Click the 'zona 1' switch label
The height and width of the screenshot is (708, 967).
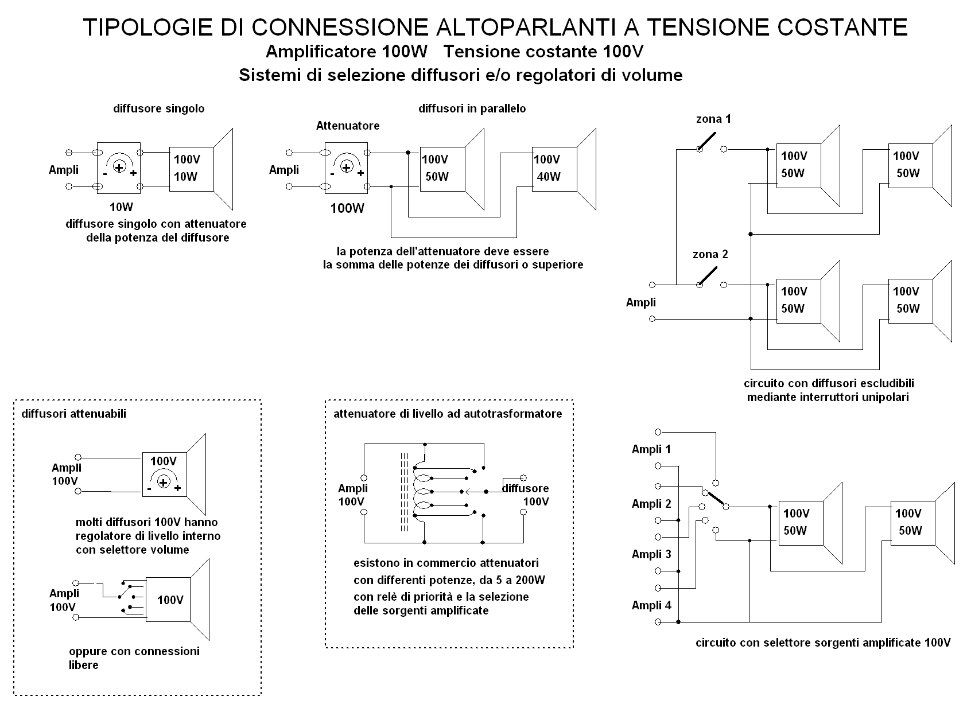[x=713, y=119]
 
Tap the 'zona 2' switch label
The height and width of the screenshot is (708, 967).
[x=710, y=254]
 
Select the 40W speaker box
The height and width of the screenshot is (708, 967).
[x=555, y=169]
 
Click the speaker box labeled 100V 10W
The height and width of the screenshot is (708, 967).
[x=191, y=169]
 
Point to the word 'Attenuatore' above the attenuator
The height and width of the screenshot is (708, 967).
[x=348, y=126]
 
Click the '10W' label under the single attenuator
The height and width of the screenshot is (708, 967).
[x=121, y=207]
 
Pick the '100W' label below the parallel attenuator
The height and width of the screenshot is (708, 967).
[x=347, y=208]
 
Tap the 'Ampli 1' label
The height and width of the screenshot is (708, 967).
[x=651, y=449]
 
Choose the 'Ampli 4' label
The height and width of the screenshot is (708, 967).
[x=651, y=605]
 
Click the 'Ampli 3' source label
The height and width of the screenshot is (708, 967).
[x=651, y=554]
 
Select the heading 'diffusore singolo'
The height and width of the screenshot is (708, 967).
[x=159, y=108]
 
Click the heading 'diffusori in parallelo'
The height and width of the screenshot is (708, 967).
[x=472, y=108]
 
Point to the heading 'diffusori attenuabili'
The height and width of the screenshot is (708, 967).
[x=74, y=414]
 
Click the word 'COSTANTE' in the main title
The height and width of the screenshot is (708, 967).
[x=842, y=27]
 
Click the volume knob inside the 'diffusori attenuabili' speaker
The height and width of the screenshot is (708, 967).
[x=164, y=482]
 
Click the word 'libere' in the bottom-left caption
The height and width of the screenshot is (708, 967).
[x=83, y=665]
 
